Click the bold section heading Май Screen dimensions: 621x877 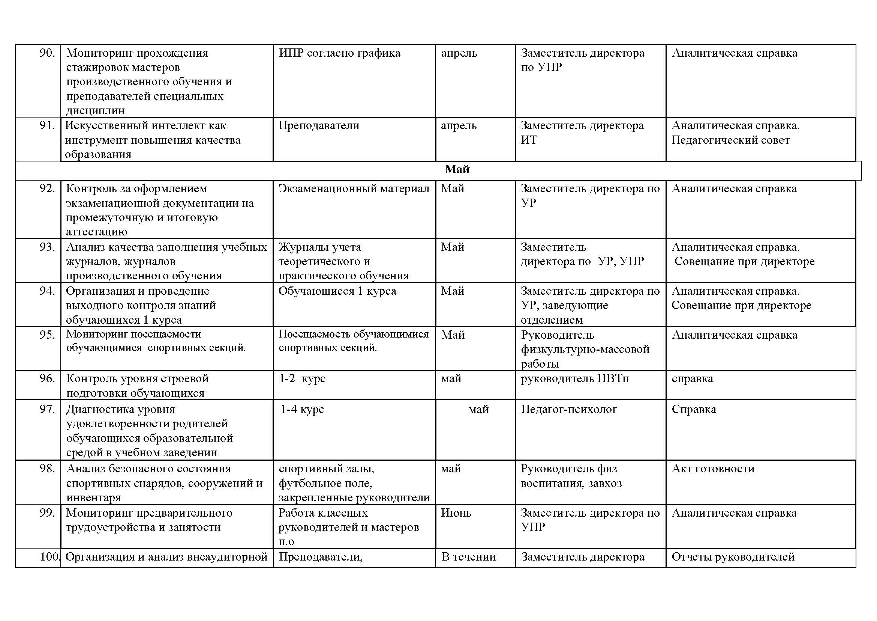pyautogui.click(x=457, y=169)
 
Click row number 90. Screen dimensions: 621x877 pyautogui.click(x=47, y=53)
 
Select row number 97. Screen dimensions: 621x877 pyautogui.click(x=47, y=409)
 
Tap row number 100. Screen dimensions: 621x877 pyautogui.click(x=49, y=557)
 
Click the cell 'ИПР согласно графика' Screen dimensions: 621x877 pyautogui.click(x=339, y=53)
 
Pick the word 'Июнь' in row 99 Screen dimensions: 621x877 pyautogui.click(x=456, y=513)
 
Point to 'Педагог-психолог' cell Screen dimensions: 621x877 pyautogui.click(x=569, y=409)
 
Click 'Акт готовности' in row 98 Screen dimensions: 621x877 pyautogui.click(x=713, y=469)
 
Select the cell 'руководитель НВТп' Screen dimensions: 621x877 pyautogui.click(x=574, y=378)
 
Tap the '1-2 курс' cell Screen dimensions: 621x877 pyautogui.click(x=302, y=378)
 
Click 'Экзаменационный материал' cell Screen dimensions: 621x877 pyautogui.click(x=354, y=188)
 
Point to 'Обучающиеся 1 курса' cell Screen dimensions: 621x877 pyautogui.click(x=337, y=291)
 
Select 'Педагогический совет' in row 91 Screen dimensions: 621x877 pyautogui.click(x=730, y=140)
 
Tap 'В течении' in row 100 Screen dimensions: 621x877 pyautogui.click(x=468, y=557)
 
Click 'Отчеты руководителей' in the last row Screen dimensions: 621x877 pyautogui.click(x=733, y=557)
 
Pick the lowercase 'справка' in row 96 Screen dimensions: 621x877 pyautogui.click(x=692, y=378)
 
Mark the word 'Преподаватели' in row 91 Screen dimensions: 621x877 pyautogui.click(x=319, y=125)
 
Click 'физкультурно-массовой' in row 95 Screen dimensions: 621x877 pyautogui.click(x=585, y=349)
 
